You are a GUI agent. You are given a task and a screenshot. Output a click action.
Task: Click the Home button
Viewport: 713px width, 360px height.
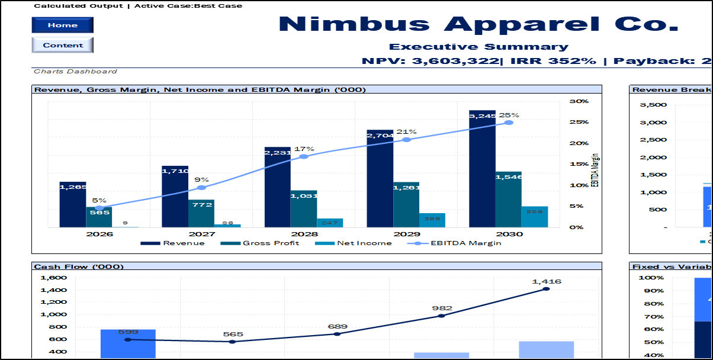[62, 25]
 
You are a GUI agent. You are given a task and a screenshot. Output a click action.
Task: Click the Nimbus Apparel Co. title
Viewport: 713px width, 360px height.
[478, 24]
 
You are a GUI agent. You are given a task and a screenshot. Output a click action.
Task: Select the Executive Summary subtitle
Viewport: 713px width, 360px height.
[478, 47]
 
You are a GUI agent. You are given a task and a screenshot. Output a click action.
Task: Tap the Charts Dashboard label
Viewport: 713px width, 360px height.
[75, 72]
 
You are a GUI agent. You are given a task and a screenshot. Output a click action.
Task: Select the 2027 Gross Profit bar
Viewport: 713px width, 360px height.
[201, 213]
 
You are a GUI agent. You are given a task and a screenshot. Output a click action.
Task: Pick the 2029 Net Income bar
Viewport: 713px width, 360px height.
[432, 220]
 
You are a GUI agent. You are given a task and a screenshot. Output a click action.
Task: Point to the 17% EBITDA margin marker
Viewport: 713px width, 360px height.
[304, 156]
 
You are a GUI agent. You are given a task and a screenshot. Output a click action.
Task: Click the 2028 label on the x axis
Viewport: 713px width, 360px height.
[304, 234]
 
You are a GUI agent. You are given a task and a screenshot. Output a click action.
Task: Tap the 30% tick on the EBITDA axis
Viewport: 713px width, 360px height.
[579, 101]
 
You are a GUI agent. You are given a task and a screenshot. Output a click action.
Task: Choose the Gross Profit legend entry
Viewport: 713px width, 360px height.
[260, 243]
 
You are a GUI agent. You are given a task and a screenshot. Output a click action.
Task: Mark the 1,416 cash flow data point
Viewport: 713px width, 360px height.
[546, 289]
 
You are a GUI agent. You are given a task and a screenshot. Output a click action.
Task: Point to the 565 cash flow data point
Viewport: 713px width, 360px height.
[233, 342]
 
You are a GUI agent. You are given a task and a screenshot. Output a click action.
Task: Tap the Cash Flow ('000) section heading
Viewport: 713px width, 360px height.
[79, 266]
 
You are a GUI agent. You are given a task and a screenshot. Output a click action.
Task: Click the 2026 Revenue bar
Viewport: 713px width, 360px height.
[73, 204]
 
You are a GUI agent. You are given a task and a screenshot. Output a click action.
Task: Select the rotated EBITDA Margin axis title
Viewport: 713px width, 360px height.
[595, 170]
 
